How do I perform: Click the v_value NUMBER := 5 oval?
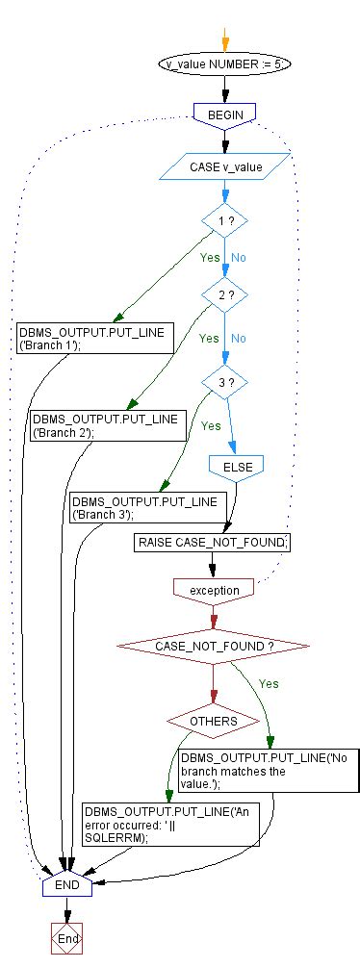click(223, 64)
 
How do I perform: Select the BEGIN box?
click(223, 114)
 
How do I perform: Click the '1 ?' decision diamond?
click(224, 221)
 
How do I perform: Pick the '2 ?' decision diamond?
click(224, 295)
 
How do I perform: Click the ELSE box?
click(237, 466)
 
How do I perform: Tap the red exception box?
click(214, 588)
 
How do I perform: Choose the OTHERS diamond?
click(214, 720)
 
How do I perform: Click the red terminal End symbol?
click(66, 938)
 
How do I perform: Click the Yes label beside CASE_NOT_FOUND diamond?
click(269, 683)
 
